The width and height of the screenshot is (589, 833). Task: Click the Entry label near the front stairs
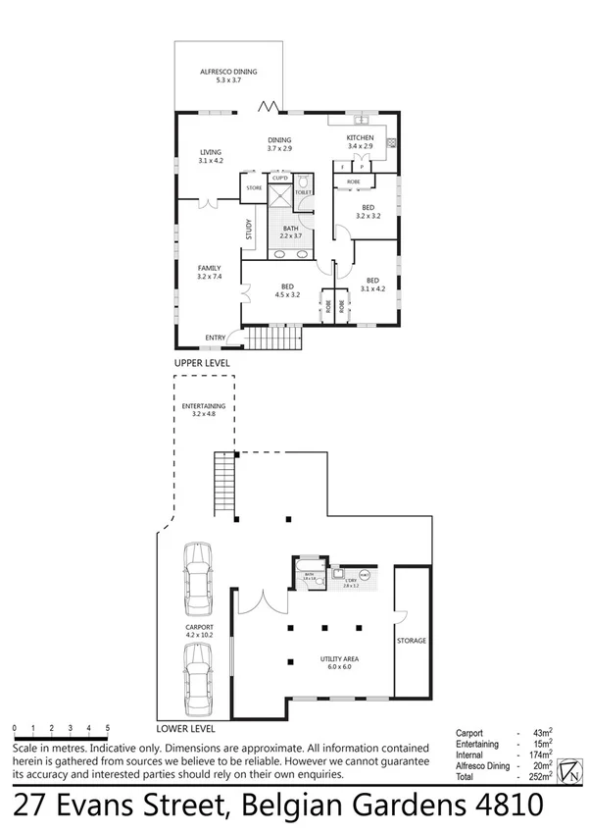click(215, 338)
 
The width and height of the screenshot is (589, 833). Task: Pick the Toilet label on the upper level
click(304, 192)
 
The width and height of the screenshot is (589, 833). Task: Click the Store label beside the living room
click(254, 186)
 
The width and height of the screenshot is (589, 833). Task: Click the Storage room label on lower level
click(412, 641)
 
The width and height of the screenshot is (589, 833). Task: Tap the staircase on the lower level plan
click(224, 487)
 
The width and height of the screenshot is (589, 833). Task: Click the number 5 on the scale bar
click(107, 729)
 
